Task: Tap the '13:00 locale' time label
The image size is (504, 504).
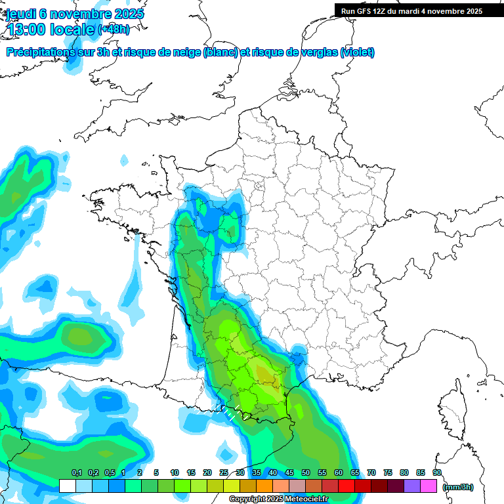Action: pos(51,29)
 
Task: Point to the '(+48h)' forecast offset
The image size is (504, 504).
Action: pos(114,29)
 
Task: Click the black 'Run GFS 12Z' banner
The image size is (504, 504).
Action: pos(411,10)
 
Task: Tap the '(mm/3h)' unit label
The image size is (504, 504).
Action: pos(458,486)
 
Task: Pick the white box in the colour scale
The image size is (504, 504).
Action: pos(67,486)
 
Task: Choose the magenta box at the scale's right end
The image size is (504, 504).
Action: pos(429,486)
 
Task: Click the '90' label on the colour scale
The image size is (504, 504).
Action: pos(436,472)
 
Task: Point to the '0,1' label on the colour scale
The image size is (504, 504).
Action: pos(76,472)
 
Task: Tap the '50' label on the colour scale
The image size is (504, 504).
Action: pos(306,472)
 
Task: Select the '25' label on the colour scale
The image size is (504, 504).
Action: pos(224,472)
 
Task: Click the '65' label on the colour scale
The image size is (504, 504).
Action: pos(355,472)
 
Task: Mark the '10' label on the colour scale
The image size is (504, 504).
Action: pos(175,472)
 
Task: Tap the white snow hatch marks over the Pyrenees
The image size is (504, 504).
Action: pos(228,413)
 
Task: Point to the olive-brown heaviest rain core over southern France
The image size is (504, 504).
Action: pos(266,375)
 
